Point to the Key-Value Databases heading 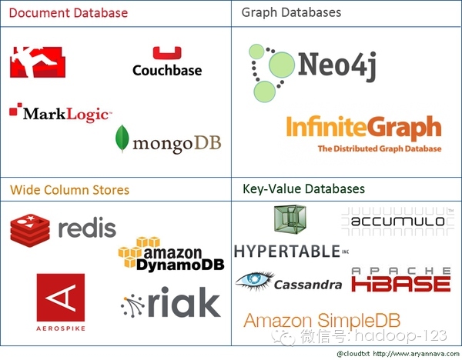pos(303,188)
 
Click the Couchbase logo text pos(167,70)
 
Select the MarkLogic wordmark pos(66,114)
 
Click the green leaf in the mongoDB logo pos(122,138)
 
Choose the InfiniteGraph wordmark pos(363,128)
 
